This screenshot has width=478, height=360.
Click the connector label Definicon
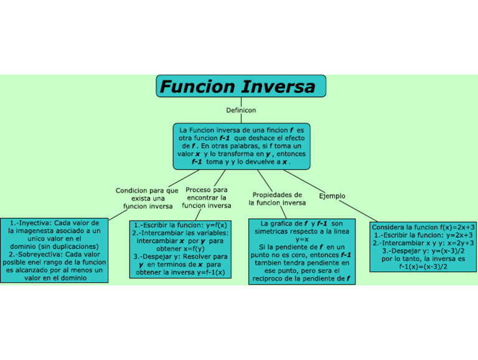tap(240, 110)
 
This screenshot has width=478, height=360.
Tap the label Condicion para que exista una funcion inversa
tap(148, 198)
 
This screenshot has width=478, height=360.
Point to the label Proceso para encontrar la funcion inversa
tap(207, 197)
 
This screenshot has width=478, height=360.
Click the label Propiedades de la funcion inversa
tap(277, 199)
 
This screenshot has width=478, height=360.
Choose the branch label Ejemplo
tap(332, 196)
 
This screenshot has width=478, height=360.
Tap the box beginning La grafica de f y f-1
tap(302, 251)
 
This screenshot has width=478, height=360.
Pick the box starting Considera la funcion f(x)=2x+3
tap(423, 247)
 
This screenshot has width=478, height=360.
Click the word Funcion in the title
tap(197, 86)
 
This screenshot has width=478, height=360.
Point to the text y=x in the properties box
tap(302, 239)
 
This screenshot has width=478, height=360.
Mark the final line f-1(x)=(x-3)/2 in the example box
tap(423, 267)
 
